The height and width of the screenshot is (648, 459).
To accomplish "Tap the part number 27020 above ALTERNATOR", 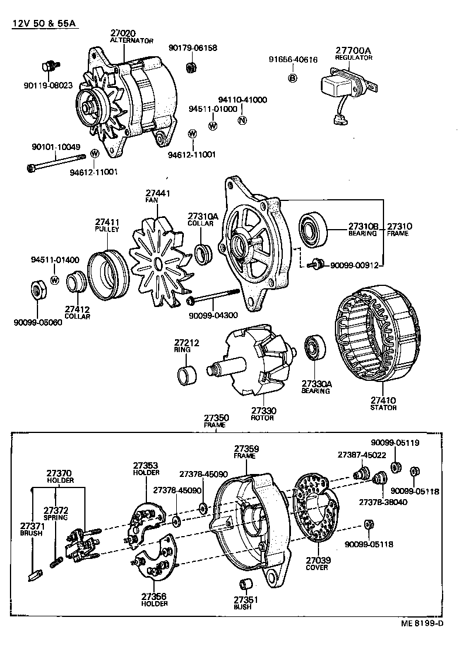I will (122, 33).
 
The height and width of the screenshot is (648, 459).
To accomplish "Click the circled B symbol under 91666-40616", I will (293, 78).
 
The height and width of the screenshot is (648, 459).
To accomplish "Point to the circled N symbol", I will (242, 120).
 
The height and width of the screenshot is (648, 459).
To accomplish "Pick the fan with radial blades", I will (157, 258).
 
